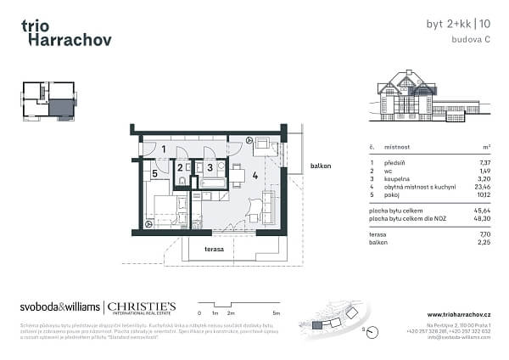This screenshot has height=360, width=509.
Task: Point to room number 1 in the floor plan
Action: [164, 149]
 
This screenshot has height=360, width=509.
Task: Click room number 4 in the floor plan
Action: [255, 176]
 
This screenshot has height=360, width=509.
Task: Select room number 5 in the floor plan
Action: [154, 174]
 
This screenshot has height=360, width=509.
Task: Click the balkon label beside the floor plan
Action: [321, 166]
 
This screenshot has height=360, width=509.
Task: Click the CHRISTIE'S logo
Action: [142, 306]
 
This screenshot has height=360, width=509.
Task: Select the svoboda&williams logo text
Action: [59, 306]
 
